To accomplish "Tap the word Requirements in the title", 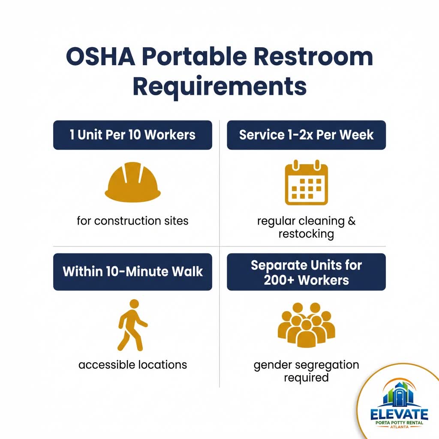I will click(x=219, y=86).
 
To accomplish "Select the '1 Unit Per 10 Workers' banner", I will click(x=132, y=135).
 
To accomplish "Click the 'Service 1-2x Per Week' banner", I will click(x=306, y=135).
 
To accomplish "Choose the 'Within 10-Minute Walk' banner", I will click(x=132, y=272).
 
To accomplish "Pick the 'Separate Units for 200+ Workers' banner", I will click(x=306, y=272).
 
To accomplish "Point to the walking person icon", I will click(x=132, y=325).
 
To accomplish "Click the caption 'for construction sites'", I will click(x=132, y=221).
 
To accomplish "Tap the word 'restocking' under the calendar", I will click(x=306, y=234).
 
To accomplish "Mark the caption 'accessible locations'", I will click(x=132, y=365).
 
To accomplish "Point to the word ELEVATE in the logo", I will click(x=400, y=415).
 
